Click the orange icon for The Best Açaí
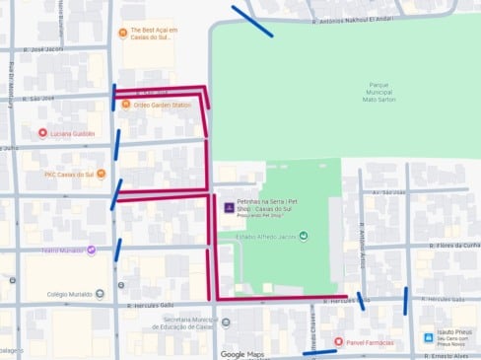(122, 34)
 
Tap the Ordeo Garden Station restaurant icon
(125, 105)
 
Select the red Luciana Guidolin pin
(42, 133)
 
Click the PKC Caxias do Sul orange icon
(37, 175)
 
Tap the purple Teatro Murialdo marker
(91, 250)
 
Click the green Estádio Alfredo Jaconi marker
(304, 236)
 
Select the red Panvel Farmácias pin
(339, 341)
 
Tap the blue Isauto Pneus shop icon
(428, 337)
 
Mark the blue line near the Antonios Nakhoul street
(252, 21)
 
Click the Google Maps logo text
(243, 354)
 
